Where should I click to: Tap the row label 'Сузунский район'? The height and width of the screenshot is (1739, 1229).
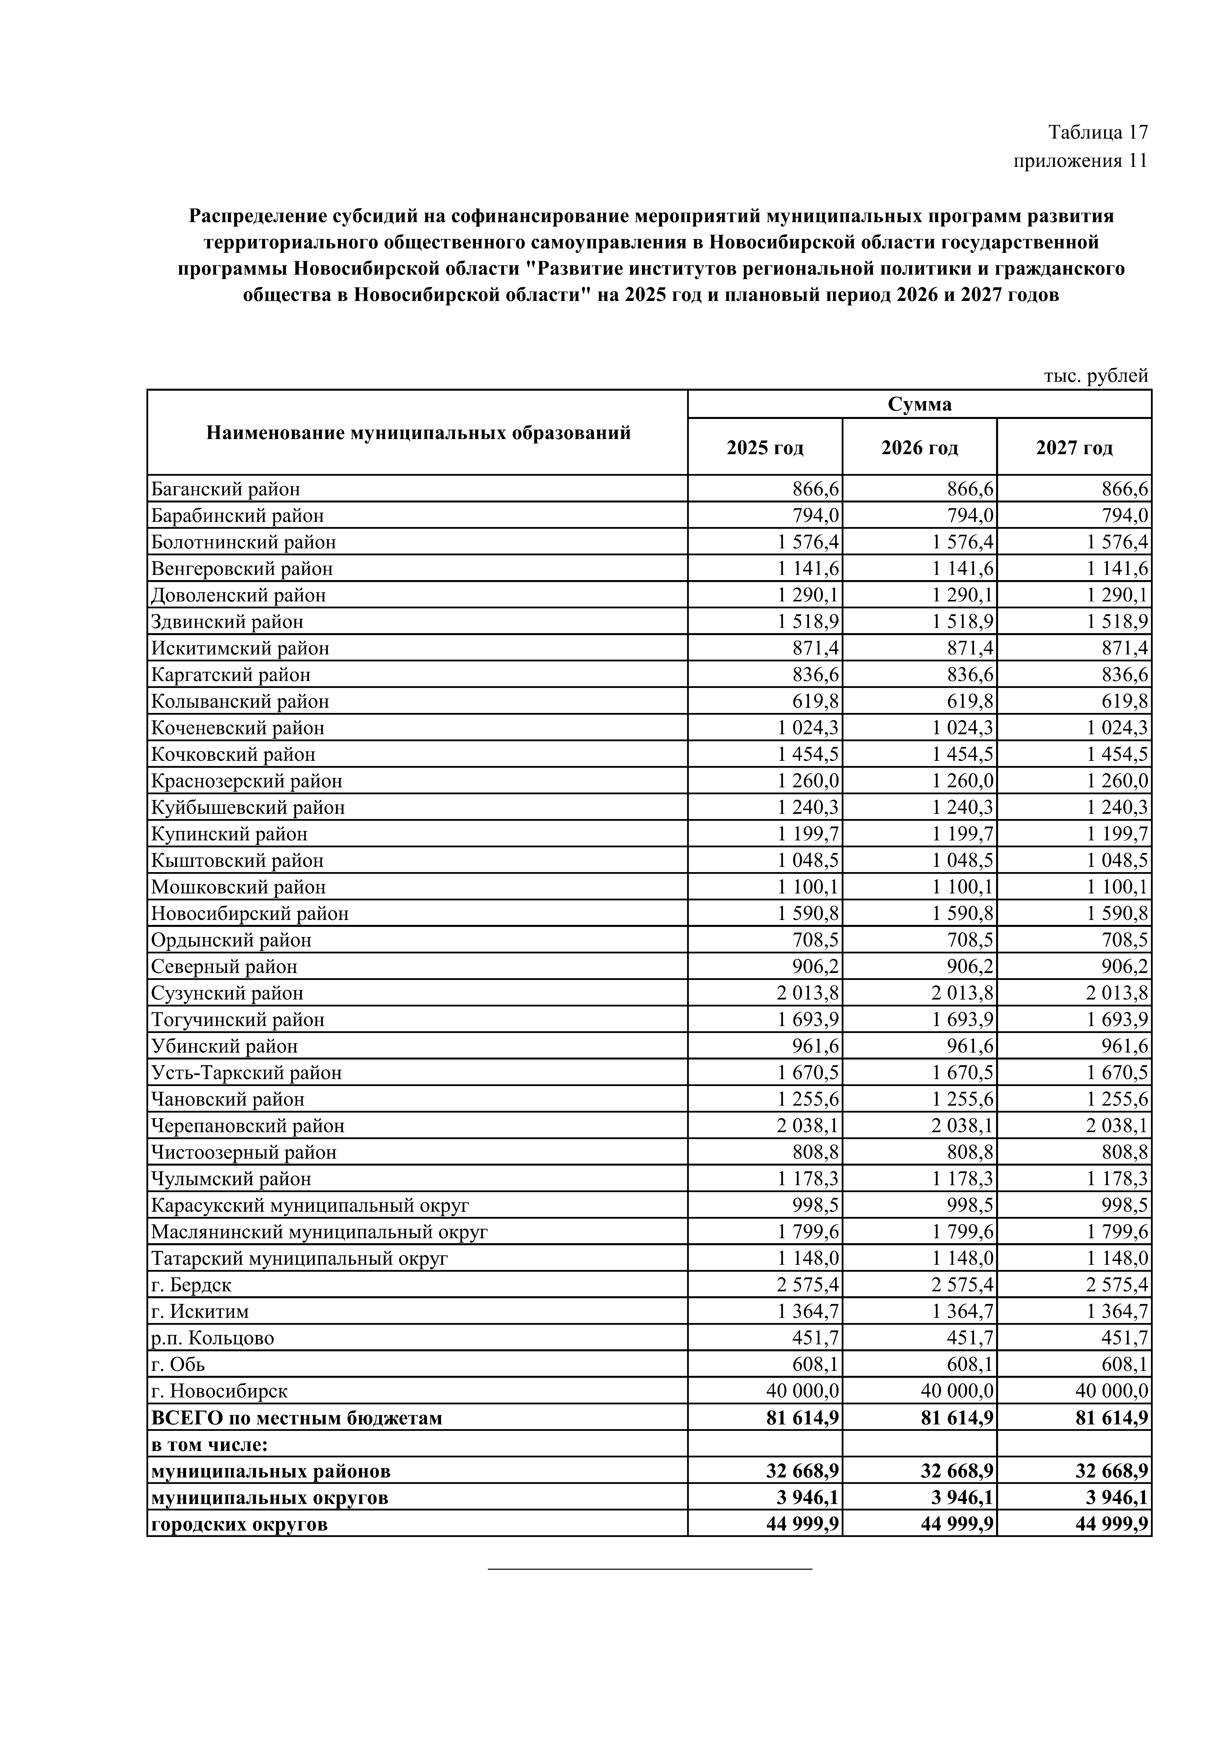coord(227,993)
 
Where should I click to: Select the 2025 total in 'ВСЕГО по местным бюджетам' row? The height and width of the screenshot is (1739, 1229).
coord(803,1418)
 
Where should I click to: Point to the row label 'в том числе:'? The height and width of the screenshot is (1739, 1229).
coord(210,1444)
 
